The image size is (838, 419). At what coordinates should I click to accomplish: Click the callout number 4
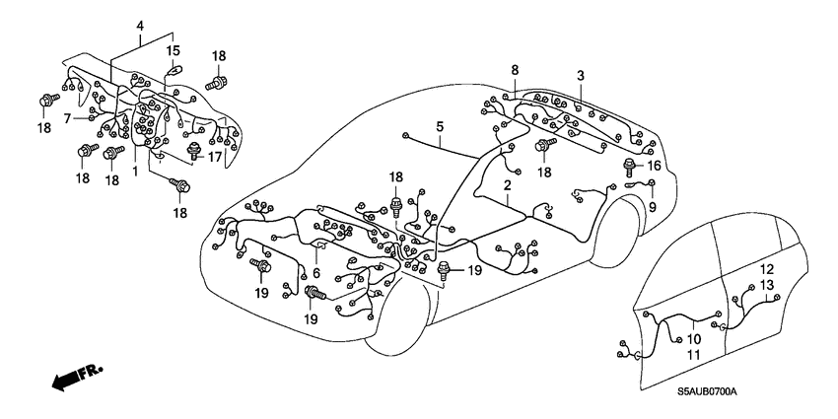point(140,25)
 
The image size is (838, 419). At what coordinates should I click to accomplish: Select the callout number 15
point(173,50)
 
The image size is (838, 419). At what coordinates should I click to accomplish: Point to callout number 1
point(135,169)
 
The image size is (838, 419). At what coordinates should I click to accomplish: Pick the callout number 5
point(441,127)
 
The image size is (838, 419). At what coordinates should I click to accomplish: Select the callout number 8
point(515,69)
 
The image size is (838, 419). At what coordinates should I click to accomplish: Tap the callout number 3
point(580,76)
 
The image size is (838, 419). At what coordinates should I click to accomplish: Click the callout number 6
point(314,273)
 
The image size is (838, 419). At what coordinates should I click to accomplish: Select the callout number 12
point(766,269)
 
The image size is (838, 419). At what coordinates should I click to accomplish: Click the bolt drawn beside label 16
point(629,169)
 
